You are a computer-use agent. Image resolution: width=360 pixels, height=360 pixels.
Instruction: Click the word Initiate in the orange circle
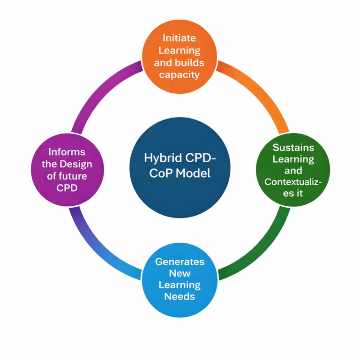pyautogui.click(x=180, y=38)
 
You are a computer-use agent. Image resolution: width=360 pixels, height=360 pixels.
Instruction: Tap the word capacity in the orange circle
pyautogui.click(x=180, y=75)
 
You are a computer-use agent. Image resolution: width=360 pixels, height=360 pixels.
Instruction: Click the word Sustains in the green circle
pyautogui.click(x=293, y=147)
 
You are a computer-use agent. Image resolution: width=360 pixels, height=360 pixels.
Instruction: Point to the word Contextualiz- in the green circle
pyautogui.click(x=293, y=181)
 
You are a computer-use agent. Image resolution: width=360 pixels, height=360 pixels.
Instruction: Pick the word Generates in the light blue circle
pyautogui.click(x=180, y=262)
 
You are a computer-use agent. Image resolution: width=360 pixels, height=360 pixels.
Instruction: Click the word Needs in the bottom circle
pyautogui.click(x=180, y=296)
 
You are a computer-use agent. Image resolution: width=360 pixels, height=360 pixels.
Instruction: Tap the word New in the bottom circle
pyautogui.click(x=180, y=273)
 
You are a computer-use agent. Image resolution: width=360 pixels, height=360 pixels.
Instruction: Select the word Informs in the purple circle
pyautogui.click(x=67, y=152)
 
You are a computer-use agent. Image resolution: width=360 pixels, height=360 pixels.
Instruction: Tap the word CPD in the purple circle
pyautogui.click(x=67, y=187)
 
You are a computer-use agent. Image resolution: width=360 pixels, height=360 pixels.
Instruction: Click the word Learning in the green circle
pyautogui.click(x=293, y=159)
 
